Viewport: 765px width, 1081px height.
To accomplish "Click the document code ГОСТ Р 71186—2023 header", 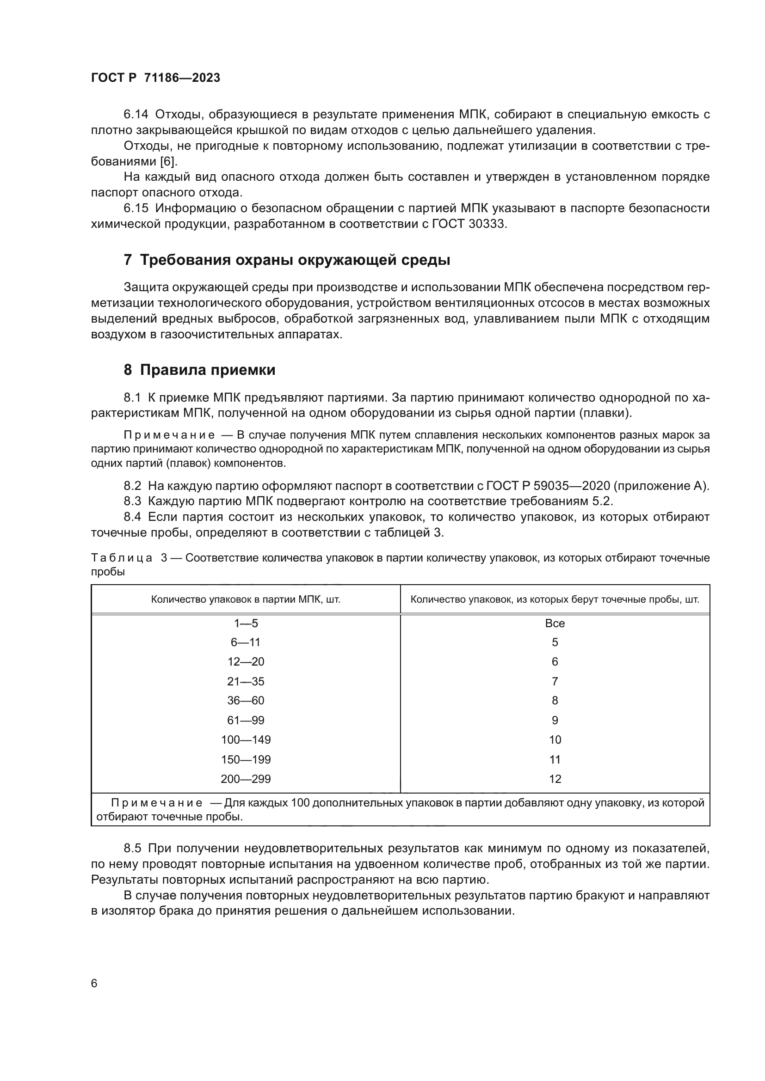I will pos(155,78).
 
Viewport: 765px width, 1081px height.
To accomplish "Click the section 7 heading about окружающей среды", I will pos(287,260).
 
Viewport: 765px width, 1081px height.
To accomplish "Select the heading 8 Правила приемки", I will pos(199,370).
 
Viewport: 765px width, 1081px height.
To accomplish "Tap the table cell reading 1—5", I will pos(246,623).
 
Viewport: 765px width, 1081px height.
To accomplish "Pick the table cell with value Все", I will pos(555,623).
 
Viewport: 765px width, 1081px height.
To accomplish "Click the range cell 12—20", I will pos(246,662).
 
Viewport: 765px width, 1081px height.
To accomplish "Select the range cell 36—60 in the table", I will pos(246,701).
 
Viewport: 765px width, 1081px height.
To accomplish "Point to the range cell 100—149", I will pos(246,739).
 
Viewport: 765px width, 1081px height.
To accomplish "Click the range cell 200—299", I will pos(246,779).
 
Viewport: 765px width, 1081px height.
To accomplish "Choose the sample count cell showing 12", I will pos(555,779).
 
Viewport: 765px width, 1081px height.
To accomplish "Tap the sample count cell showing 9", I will pos(555,721).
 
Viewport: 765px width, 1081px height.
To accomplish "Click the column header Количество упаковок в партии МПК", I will pos(246,599).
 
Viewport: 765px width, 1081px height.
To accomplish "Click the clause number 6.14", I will pos(136,115).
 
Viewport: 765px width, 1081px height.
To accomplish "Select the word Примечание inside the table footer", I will pos(157,803).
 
